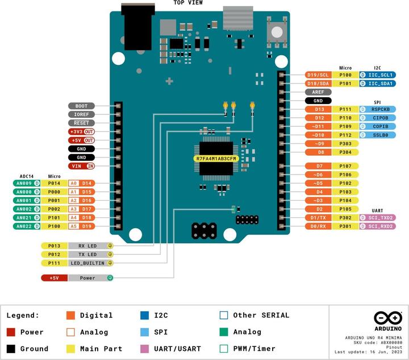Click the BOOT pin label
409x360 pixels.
coord(81,106)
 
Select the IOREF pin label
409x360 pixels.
coord(81,114)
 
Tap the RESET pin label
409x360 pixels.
coord(81,123)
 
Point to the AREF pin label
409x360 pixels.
coord(318,92)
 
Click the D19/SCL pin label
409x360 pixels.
coord(318,75)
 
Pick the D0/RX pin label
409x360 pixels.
coord(318,226)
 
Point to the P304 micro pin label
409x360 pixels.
coord(345,152)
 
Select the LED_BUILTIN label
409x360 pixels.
coord(84,263)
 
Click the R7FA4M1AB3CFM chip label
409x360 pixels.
coord(215,159)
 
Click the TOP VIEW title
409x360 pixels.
coord(188,3)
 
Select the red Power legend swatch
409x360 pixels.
coord(11,332)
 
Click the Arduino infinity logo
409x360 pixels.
coord(388,318)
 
